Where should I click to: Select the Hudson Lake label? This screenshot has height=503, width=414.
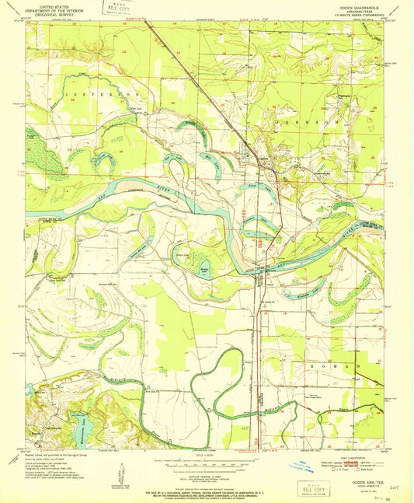pyautogui.click(x=184, y=254)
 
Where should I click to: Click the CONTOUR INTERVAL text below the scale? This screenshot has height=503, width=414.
pyautogui.click(x=206, y=470)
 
